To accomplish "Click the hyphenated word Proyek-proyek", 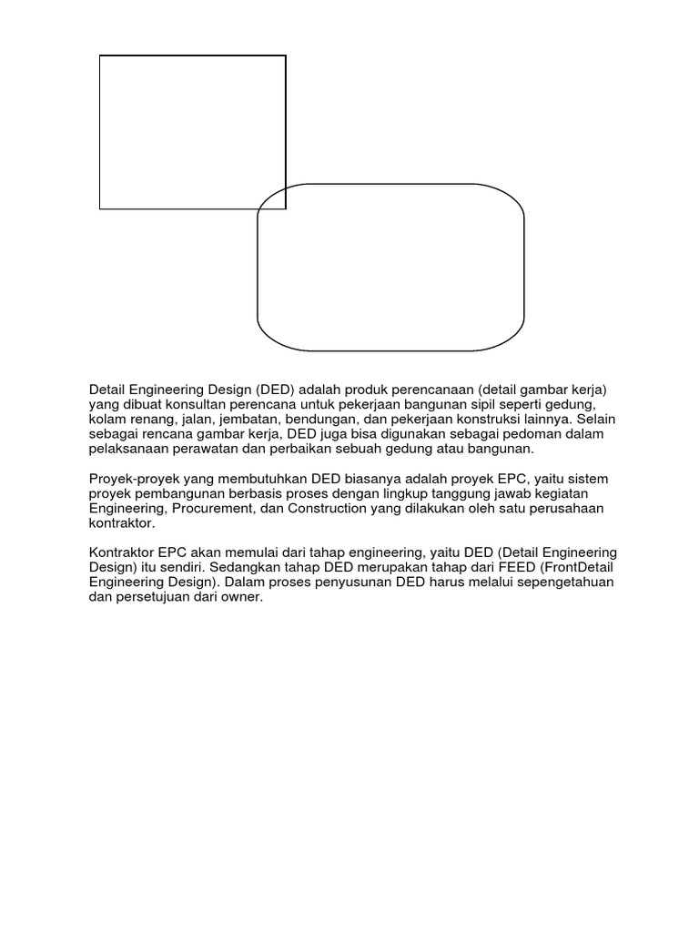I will (x=131, y=479).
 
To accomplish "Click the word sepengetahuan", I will (x=560, y=583).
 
